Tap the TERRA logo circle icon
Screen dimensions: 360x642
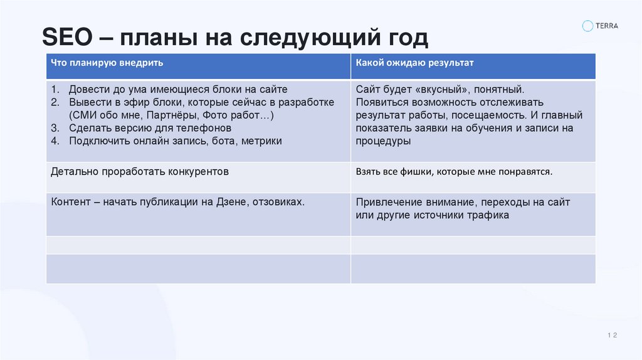[x=587, y=26]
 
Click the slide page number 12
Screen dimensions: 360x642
[x=613, y=336]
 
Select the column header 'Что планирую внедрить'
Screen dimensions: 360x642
[x=107, y=63]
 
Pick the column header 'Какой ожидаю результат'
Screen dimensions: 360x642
[x=414, y=63]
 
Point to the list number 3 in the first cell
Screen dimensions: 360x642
[x=55, y=128]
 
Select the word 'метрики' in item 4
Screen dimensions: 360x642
[x=261, y=140]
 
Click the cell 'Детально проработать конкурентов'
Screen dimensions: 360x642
[x=139, y=171]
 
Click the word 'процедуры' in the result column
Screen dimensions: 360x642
[x=383, y=141]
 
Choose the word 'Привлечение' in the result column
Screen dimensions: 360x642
[x=387, y=202]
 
